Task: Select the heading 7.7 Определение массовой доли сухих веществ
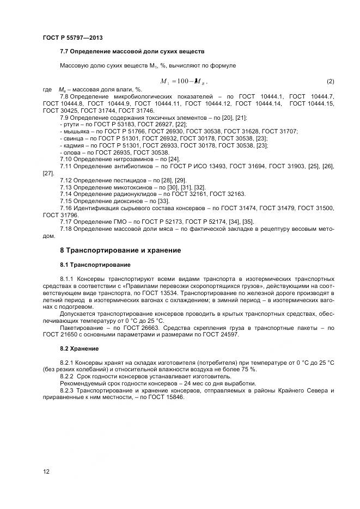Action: [132, 52]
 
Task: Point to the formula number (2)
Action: [330, 81]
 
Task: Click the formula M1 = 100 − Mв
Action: [184, 81]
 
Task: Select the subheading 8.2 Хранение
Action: [80, 348]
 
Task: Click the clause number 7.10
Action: [66, 159]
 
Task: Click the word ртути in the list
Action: [69, 124]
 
